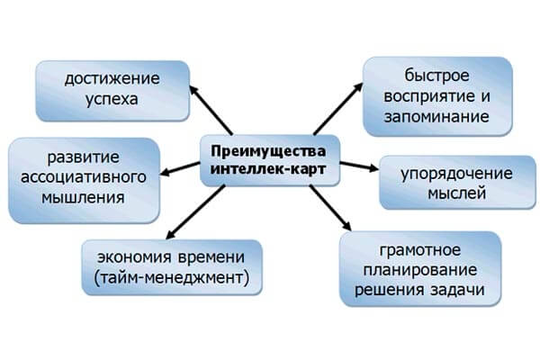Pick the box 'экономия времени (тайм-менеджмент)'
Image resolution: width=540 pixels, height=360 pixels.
pos(171,265)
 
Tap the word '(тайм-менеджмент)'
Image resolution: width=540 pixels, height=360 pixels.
pos(172,276)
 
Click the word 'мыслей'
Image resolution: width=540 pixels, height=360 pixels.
pos(457,192)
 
